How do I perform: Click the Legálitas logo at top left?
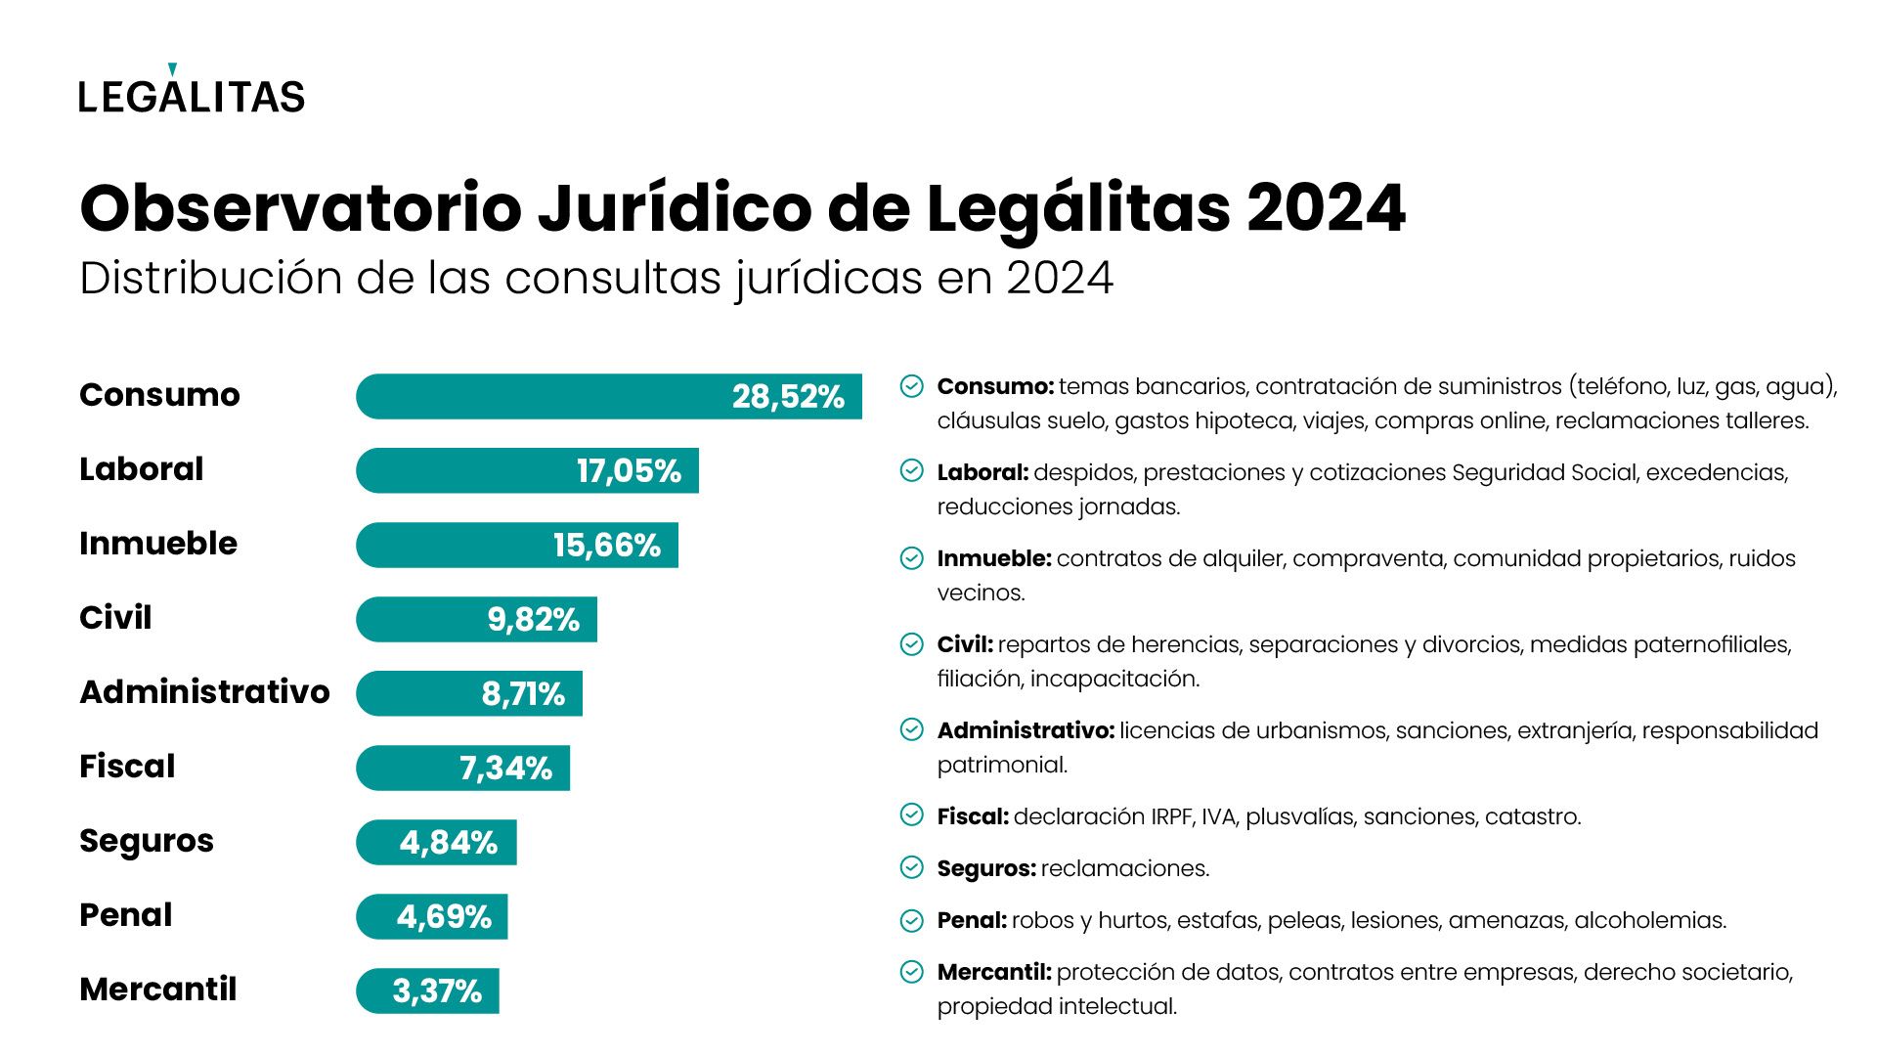coord(192,92)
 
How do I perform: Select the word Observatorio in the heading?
coord(301,208)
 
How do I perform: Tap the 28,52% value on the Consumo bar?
coord(787,397)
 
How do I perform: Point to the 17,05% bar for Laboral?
coord(528,471)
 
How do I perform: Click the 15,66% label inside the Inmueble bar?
coord(606,546)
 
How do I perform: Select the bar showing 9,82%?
coord(477,620)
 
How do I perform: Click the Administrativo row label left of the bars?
coord(204,692)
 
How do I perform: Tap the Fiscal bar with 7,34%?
coord(463,769)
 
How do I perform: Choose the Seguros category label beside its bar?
coord(147,841)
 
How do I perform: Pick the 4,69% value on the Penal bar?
coord(444,917)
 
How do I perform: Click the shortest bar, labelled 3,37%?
coord(428,991)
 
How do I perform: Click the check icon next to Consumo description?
coord(911,386)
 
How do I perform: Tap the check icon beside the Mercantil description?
coord(911,972)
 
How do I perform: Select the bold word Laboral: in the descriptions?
coord(982,472)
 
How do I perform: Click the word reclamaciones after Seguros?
coord(1124,868)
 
